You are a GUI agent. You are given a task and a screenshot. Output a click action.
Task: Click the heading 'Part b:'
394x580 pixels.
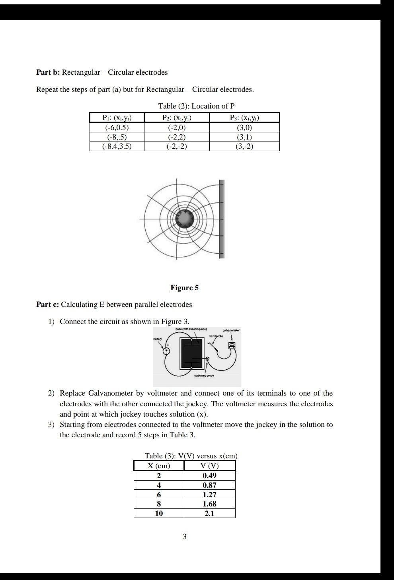(x=48, y=72)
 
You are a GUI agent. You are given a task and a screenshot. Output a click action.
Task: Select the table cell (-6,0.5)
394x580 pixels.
(x=117, y=128)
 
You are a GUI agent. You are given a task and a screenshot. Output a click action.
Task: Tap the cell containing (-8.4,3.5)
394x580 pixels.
(x=117, y=146)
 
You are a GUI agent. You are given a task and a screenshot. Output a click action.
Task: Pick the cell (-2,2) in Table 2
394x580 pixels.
(x=177, y=137)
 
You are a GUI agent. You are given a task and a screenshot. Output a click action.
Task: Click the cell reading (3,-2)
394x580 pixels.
(x=244, y=146)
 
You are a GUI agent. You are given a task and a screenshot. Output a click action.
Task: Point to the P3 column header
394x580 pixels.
(x=244, y=118)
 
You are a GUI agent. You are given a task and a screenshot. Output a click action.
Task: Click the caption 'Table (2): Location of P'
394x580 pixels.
(x=196, y=106)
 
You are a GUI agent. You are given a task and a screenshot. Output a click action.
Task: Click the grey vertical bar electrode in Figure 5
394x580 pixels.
(x=222, y=219)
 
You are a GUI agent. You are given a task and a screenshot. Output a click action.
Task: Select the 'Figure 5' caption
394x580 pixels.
(x=184, y=288)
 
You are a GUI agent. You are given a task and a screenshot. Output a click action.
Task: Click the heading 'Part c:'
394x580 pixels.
(x=47, y=305)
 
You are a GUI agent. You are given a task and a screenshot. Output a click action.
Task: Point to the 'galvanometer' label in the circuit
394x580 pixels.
(x=231, y=330)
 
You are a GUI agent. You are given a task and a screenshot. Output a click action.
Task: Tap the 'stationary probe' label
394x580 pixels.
(x=204, y=376)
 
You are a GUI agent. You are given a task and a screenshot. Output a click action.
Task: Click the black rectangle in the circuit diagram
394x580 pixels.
(x=191, y=353)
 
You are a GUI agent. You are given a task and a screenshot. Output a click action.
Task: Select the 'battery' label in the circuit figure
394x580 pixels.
(x=158, y=339)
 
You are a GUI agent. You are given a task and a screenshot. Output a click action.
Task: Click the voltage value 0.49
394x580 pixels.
(x=209, y=476)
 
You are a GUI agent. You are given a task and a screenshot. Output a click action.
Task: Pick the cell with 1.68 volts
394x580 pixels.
(x=209, y=504)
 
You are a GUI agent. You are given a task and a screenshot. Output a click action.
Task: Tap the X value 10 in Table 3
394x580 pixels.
(x=159, y=514)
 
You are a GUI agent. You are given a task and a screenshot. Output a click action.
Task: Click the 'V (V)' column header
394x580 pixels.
(x=209, y=466)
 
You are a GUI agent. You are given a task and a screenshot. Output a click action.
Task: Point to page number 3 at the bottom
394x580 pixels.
(x=184, y=537)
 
